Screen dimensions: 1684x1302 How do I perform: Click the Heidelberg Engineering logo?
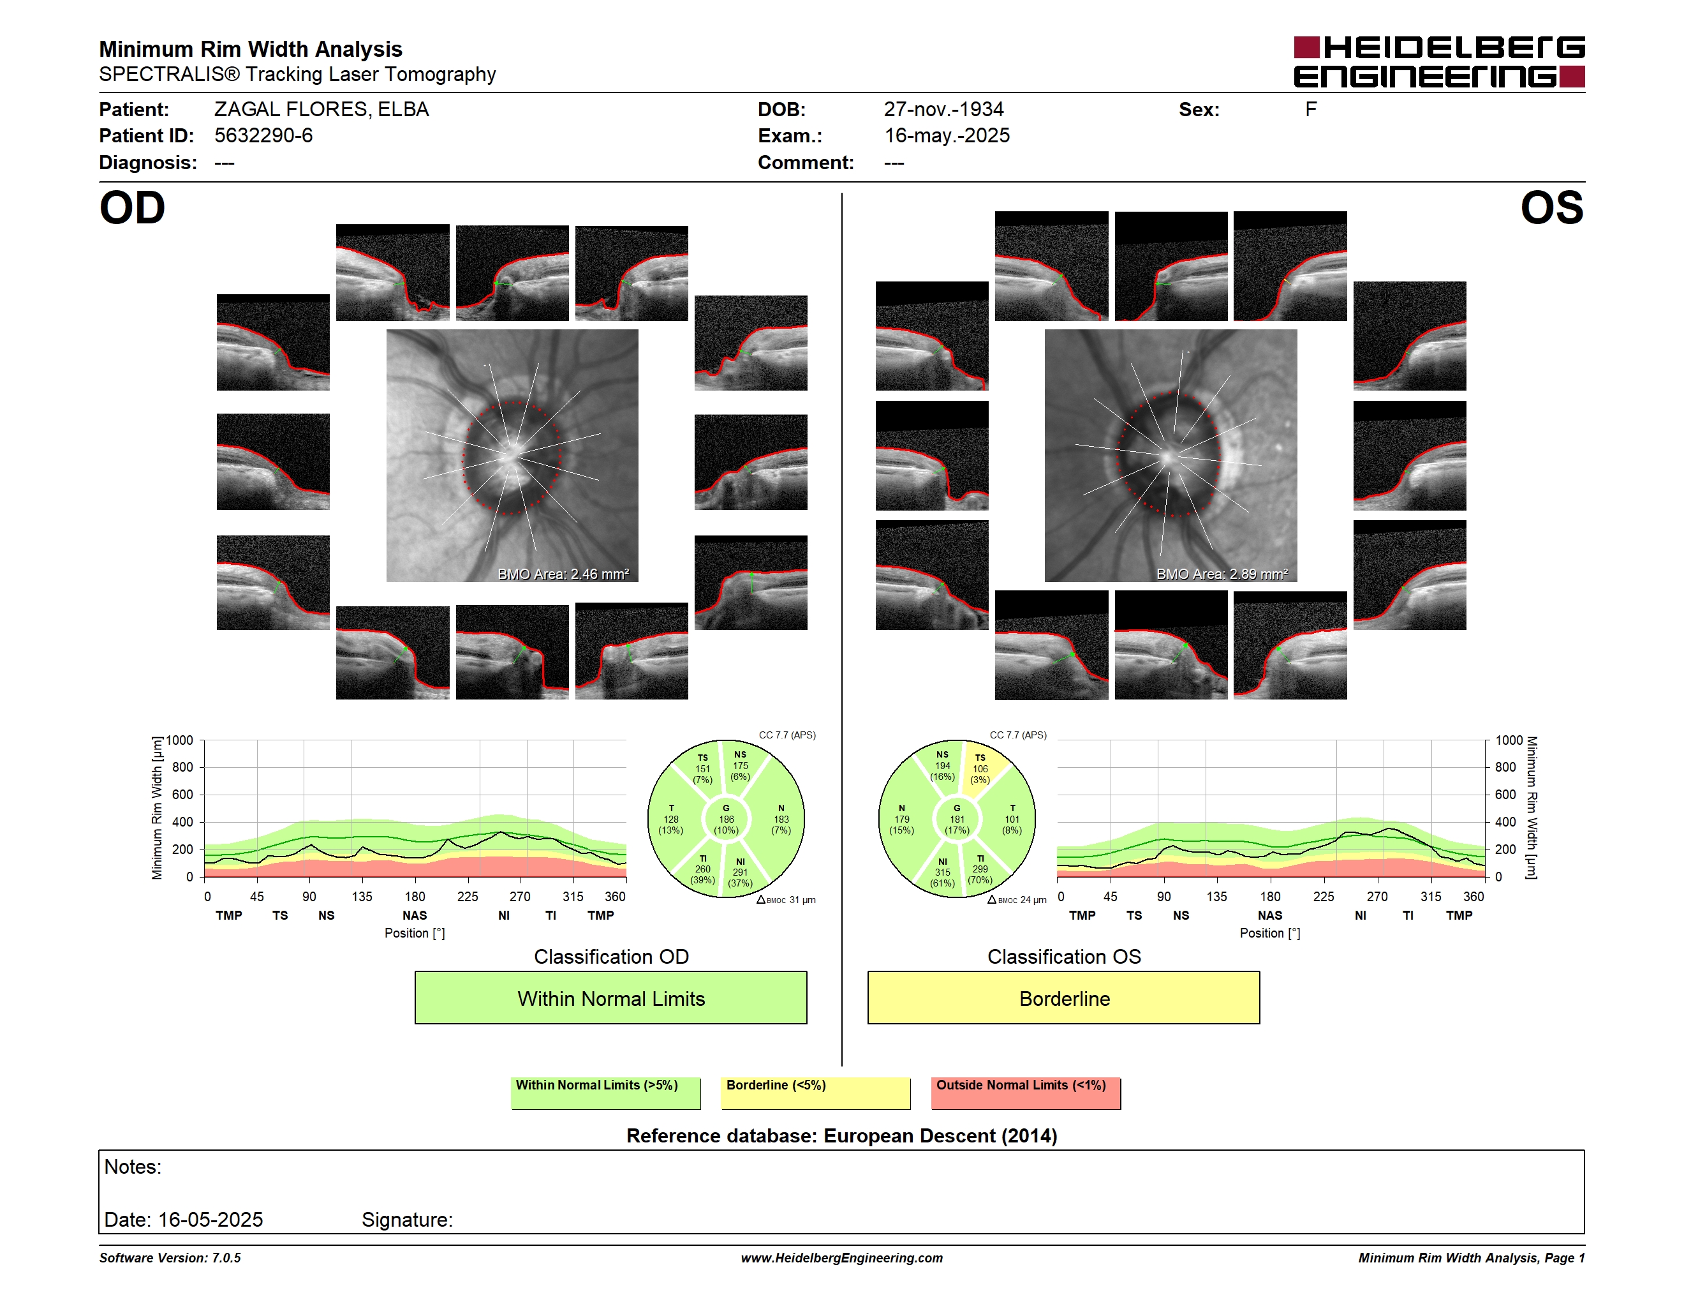click(1439, 62)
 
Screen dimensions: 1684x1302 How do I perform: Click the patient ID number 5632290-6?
click(263, 136)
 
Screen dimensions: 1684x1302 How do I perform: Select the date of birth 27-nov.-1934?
click(944, 110)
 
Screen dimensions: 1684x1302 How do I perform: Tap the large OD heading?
click(133, 208)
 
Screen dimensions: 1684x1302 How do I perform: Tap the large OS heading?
click(1551, 208)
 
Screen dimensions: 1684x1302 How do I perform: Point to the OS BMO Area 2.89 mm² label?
click(1222, 574)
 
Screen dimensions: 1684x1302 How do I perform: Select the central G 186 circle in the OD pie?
click(727, 819)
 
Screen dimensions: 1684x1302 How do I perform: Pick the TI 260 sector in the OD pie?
click(702, 869)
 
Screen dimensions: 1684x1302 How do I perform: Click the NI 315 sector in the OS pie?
click(942, 872)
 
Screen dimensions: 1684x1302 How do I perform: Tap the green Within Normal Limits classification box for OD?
click(610, 998)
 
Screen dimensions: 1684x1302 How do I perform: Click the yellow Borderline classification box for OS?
click(1064, 998)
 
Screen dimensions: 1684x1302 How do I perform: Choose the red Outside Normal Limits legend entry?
click(1026, 1093)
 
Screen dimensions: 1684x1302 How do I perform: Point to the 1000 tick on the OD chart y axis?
click(180, 740)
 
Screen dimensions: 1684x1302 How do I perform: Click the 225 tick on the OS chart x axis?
click(1323, 896)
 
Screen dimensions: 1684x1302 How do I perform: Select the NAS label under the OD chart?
click(415, 916)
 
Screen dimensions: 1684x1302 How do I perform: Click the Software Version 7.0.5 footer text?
click(170, 1258)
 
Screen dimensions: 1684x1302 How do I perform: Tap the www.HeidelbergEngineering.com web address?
click(842, 1258)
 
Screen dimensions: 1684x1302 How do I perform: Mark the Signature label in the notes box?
click(407, 1220)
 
